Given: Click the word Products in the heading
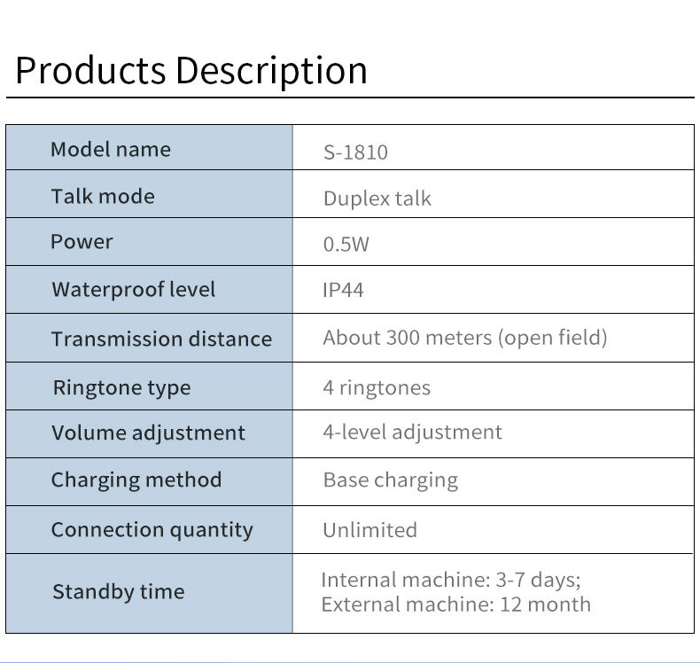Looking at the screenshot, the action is (x=90, y=70).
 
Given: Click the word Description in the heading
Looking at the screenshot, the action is (x=270, y=71).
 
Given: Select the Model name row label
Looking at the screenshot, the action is (x=111, y=149).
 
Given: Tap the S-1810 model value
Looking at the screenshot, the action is (x=355, y=152).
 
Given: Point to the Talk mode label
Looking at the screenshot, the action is (x=103, y=196).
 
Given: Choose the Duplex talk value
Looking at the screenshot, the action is (x=377, y=198).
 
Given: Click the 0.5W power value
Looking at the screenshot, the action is (x=346, y=244).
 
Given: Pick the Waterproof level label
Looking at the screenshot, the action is (x=133, y=289).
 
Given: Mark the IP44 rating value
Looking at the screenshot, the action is (x=343, y=290).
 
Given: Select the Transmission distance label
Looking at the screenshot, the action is (x=161, y=339).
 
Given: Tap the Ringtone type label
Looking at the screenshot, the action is (x=121, y=387).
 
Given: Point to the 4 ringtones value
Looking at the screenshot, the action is (x=377, y=387).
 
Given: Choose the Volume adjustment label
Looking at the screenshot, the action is (x=148, y=433).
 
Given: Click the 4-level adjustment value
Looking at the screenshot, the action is (x=412, y=432).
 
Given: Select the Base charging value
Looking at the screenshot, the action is (x=390, y=480).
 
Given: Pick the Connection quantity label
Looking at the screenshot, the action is (x=152, y=529).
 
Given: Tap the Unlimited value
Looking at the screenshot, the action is (x=369, y=529).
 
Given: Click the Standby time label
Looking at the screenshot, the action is (x=118, y=591).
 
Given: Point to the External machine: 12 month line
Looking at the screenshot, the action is (x=455, y=604).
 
